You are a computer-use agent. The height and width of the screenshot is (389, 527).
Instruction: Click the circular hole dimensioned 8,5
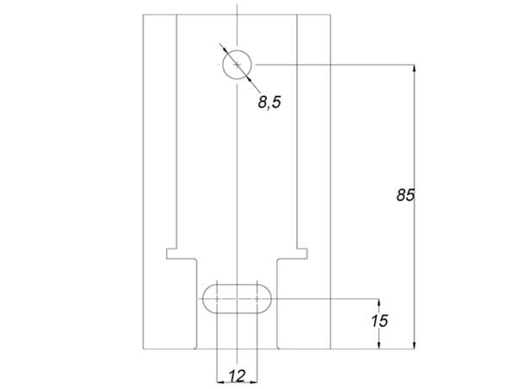point(236,64)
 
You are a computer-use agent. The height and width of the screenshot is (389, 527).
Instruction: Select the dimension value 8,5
point(270,102)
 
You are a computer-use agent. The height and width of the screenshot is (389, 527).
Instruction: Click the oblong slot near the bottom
point(237,297)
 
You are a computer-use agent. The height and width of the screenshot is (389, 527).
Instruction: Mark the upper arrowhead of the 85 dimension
point(415,68)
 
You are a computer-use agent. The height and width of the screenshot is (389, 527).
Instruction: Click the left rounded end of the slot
point(208,297)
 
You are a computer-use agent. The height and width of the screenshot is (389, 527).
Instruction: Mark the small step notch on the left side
point(171,252)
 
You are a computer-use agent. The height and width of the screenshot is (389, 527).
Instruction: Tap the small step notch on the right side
point(302,252)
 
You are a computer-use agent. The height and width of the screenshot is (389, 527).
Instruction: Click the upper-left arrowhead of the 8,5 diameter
point(224,49)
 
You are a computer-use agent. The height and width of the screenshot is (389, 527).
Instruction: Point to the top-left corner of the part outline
point(142,15)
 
